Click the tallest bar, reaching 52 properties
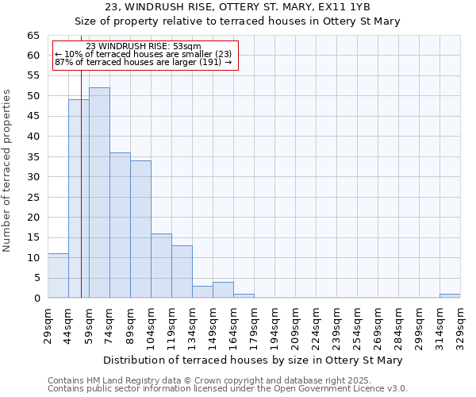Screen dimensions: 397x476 pos(99,193)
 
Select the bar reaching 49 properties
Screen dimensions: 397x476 pos(79,198)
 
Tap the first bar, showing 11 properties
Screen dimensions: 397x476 pos(58,276)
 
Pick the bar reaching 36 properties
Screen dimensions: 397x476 pos(120,225)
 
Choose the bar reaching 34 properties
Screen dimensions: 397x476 pos(140,229)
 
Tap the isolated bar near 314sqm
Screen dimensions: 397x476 pos(450,296)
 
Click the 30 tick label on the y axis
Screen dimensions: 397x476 pos(33,177)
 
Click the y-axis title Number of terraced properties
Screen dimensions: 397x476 pos(9,170)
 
